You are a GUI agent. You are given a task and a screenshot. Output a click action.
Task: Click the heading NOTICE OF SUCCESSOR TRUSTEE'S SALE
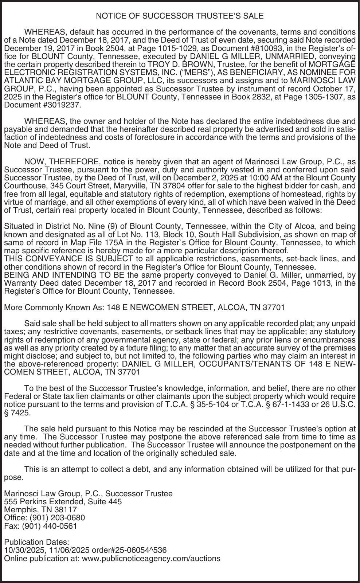(x=180, y=16)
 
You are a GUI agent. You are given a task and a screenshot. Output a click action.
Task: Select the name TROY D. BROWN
(x=172, y=64)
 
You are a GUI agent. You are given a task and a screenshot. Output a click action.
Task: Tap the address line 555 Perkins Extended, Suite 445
(x=63, y=502)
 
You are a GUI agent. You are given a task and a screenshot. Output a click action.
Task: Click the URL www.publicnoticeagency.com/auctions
(x=151, y=558)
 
